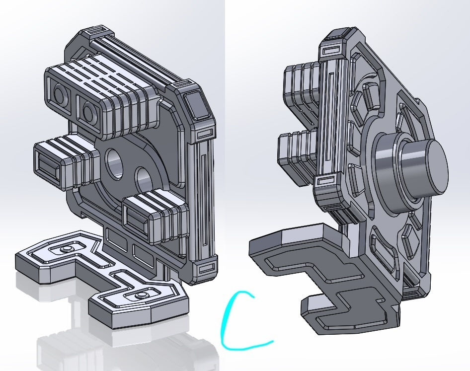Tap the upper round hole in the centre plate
tap(114, 163)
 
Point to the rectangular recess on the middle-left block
tap(49, 166)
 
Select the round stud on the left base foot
tap(66, 249)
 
